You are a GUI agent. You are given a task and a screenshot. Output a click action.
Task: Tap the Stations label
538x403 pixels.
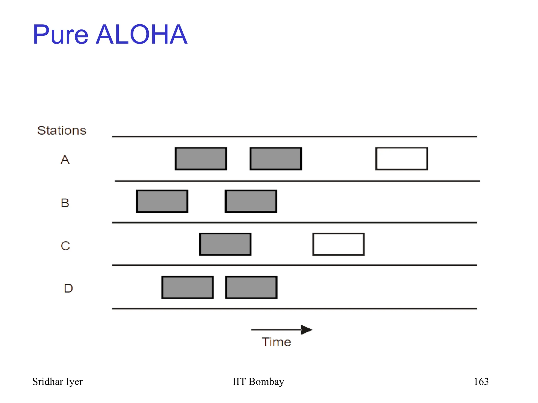(x=62, y=130)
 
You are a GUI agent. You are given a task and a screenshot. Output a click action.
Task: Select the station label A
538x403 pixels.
(x=65, y=159)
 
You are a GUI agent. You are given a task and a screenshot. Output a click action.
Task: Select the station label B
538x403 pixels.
(x=65, y=203)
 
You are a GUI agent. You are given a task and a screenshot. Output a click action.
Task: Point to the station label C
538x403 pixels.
(x=65, y=246)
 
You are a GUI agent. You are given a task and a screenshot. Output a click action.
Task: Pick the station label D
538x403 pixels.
(x=68, y=288)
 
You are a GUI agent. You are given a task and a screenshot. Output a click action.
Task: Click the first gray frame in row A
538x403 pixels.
(x=201, y=159)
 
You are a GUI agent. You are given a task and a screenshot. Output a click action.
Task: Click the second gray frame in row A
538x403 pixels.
(x=276, y=159)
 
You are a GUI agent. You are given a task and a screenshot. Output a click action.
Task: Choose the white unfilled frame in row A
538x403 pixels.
(x=402, y=159)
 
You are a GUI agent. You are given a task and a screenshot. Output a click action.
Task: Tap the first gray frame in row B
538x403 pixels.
(x=162, y=201)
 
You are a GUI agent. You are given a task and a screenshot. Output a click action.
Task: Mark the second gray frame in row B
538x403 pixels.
(x=251, y=201)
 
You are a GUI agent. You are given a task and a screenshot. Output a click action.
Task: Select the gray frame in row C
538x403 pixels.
(x=225, y=244)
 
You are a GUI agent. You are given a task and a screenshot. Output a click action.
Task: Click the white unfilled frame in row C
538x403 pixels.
(x=338, y=244)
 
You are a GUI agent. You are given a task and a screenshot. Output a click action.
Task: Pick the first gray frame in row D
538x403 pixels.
(x=188, y=287)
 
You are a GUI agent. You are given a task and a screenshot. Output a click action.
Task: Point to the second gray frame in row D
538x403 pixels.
(x=251, y=287)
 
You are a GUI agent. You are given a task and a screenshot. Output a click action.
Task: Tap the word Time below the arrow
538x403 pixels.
(x=276, y=342)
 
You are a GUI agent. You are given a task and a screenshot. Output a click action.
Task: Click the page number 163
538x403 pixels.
(x=481, y=381)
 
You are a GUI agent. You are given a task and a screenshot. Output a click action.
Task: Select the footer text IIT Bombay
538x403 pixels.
(x=258, y=381)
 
